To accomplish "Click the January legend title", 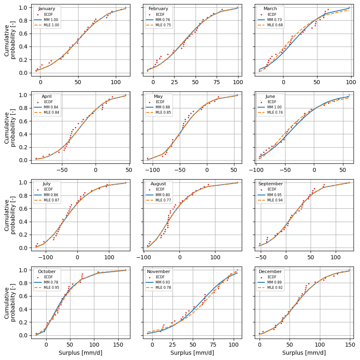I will pos(47,8).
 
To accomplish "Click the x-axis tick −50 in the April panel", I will pos(62,171).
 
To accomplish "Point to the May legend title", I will pos(158,96).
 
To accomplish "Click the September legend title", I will pos(271,184).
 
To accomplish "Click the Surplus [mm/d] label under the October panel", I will pos(80,353).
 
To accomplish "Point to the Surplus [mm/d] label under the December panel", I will pos(304,353).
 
